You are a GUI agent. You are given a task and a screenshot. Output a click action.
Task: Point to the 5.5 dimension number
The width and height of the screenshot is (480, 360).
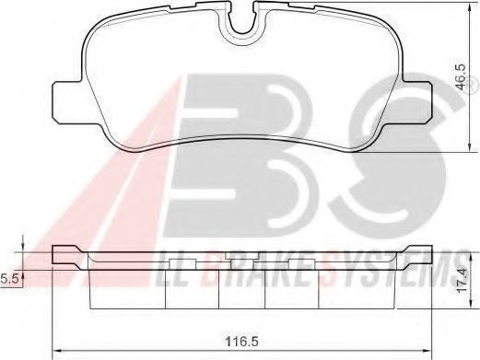[x=8, y=276]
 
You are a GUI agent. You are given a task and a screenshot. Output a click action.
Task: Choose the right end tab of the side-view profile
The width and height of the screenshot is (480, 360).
[x=419, y=252]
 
